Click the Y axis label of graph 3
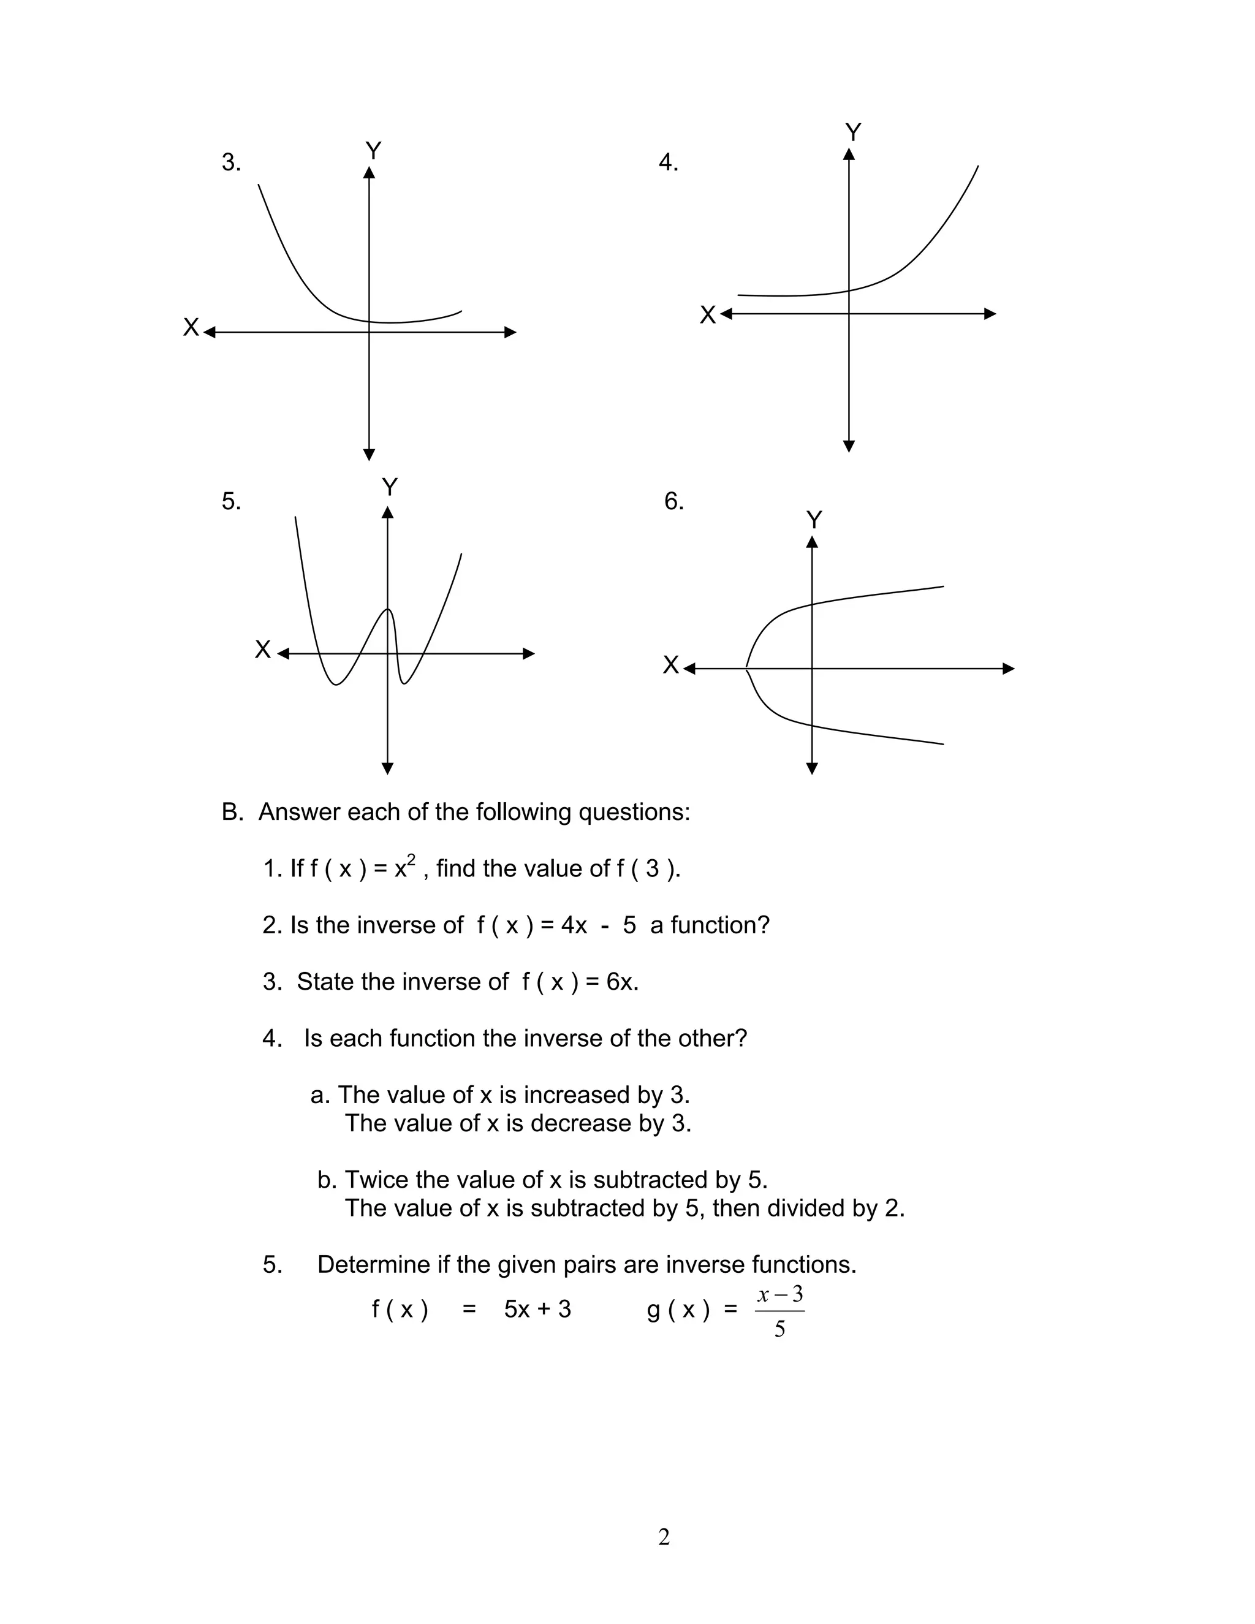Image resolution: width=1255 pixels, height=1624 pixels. pos(373,151)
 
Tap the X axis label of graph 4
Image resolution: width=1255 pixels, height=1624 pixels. pos(707,315)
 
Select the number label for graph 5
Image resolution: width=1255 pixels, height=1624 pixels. pos(231,501)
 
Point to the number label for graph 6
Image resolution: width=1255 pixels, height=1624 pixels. pos(673,501)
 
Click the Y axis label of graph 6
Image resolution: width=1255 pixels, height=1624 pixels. pos(814,520)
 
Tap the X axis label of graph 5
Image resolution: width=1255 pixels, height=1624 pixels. pos(262,649)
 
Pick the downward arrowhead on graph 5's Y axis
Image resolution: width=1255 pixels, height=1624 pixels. pos(387,768)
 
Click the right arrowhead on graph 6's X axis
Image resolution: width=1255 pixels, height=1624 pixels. pos(1008,669)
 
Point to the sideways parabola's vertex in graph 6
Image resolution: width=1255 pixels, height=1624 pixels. pos(746,669)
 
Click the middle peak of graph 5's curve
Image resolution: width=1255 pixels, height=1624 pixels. pos(387,610)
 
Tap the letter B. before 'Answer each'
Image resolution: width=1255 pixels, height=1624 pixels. pos(232,812)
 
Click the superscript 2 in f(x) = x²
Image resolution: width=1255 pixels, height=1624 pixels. pos(411,860)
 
